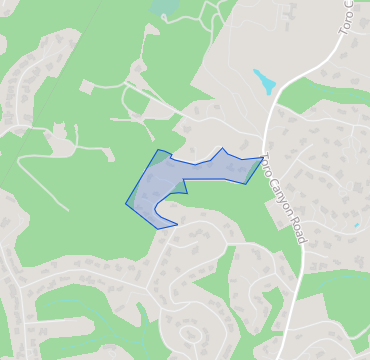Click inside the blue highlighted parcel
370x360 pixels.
tap(160, 190)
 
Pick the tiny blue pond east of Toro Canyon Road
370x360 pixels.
tap(356, 226)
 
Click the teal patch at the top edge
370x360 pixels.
tap(163, 6)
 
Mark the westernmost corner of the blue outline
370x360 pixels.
tap(126, 204)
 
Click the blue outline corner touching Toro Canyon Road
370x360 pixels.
tap(263, 157)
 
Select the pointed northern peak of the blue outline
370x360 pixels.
tap(222, 148)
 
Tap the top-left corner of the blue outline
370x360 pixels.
tap(158, 150)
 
